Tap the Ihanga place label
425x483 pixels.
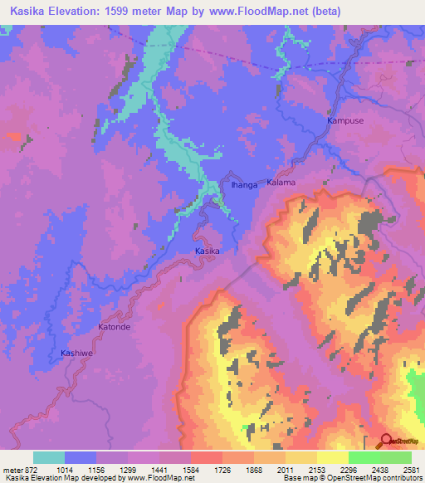coord(244,185)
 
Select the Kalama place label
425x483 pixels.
coord(281,182)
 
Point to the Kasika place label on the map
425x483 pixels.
coord(208,250)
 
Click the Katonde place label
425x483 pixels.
coord(115,327)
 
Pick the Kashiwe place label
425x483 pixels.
coord(77,353)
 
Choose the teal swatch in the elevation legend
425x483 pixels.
coord(49,457)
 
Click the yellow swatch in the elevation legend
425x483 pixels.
coord(332,457)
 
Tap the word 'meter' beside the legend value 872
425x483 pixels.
coord(12,470)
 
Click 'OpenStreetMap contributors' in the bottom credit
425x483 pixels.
coord(374,479)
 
